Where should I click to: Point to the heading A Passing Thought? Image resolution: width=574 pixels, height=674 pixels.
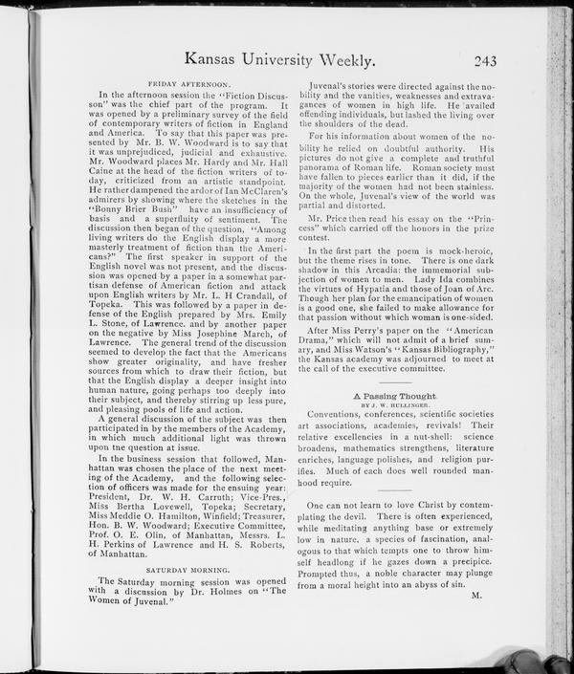tap(395, 394)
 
